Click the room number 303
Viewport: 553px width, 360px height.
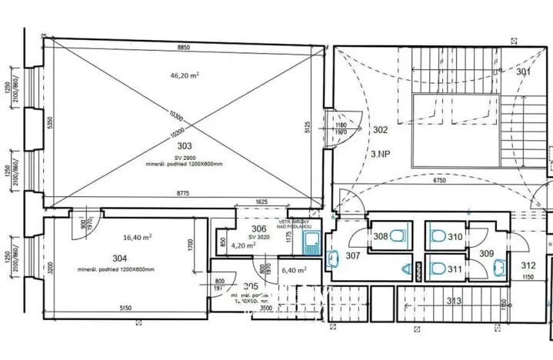coord(184,145)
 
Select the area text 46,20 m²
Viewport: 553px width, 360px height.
coord(185,75)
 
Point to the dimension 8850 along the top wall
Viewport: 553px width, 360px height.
coord(183,47)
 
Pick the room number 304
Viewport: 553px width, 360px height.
coord(119,258)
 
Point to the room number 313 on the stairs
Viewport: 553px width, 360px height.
coord(454,301)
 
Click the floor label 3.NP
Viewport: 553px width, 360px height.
coord(379,153)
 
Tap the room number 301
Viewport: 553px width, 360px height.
coord(523,72)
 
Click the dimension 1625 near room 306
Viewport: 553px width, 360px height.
coord(262,201)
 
